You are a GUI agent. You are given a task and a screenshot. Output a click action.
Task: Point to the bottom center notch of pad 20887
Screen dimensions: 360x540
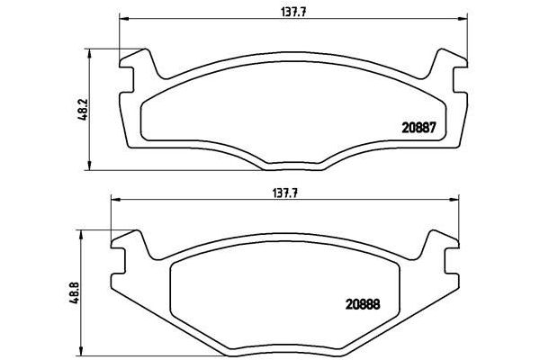pyautogui.click(x=291, y=166)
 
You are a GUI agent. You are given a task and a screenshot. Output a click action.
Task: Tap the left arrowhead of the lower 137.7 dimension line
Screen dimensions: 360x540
pyautogui.click(x=114, y=200)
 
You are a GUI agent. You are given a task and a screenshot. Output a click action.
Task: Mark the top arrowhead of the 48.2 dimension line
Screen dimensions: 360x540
pyautogui.click(x=89, y=52)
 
